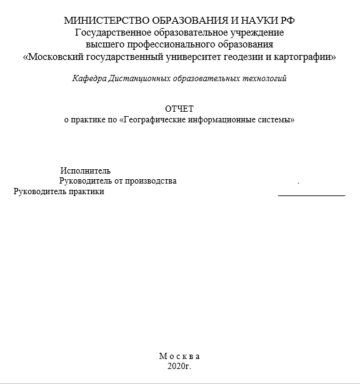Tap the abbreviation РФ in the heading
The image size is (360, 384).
click(x=286, y=21)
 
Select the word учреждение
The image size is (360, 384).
click(x=256, y=32)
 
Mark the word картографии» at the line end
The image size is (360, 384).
click(x=306, y=57)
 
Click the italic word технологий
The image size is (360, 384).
click(x=264, y=79)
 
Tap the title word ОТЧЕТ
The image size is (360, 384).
click(x=179, y=109)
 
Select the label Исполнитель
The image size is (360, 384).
click(x=86, y=170)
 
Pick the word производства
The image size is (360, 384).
click(x=151, y=181)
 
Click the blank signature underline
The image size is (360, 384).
click(x=311, y=195)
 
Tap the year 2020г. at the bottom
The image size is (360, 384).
click(x=179, y=367)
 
